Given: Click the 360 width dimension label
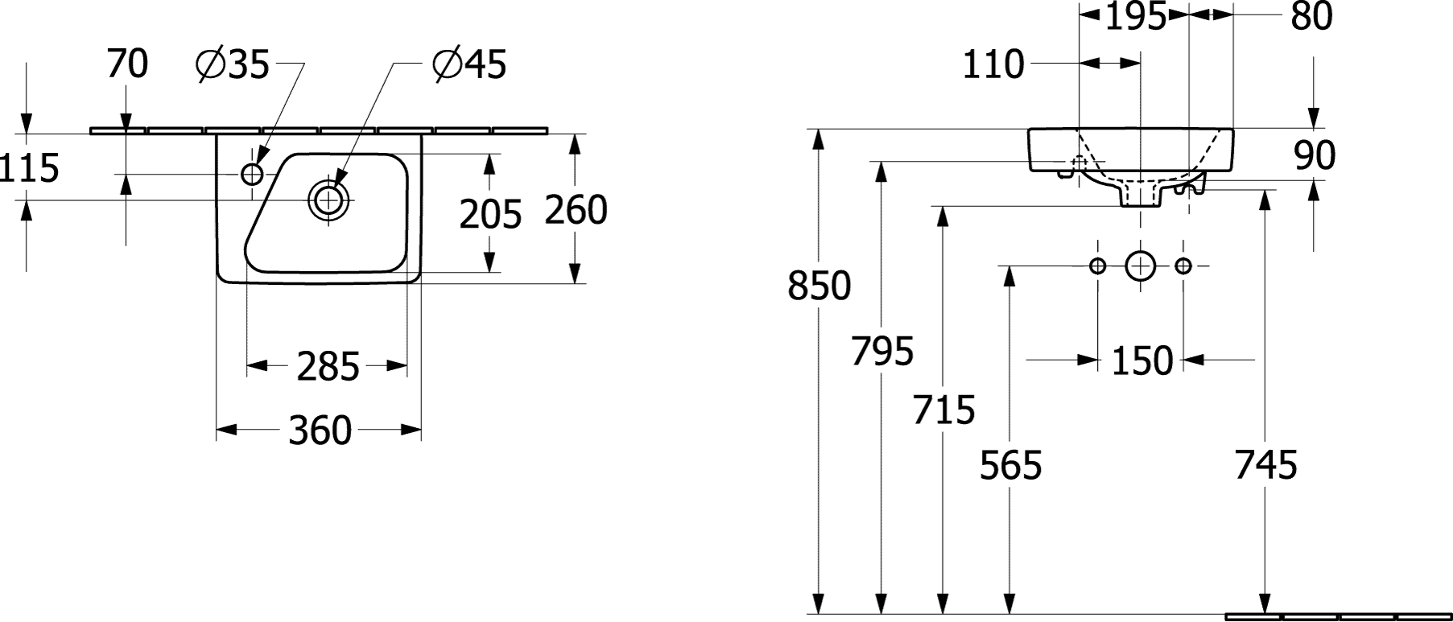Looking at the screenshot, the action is (x=320, y=430).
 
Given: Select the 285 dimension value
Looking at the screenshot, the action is (x=328, y=368).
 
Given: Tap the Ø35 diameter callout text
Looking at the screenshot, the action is (x=232, y=64).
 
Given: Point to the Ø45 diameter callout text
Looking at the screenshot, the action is (x=469, y=64).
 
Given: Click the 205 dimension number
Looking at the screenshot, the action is (x=491, y=214).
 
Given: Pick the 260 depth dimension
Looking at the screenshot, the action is (x=576, y=210).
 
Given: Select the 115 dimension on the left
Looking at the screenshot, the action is (x=30, y=168).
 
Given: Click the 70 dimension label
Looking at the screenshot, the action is (x=127, y=64).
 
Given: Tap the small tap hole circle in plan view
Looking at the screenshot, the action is (x=253, y=174).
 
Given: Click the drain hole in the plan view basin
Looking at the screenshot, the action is (x=328, y=200).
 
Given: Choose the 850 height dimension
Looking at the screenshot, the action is (x=819, y=286).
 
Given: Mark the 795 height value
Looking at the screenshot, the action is (x=882, y=351).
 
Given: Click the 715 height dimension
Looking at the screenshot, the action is (x=943, y=410).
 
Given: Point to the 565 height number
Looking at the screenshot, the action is (x=1010, y=465).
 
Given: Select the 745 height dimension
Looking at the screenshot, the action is (x=1266, y=465).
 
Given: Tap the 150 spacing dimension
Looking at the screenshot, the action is (x=1142, y=361).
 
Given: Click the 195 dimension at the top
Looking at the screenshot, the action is (x=1135, y=16).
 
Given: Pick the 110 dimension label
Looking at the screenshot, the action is (x=993, y=64).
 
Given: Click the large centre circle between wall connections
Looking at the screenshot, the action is (x=1140, y=266).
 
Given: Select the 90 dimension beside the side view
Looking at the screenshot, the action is (x=1315, y=155).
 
